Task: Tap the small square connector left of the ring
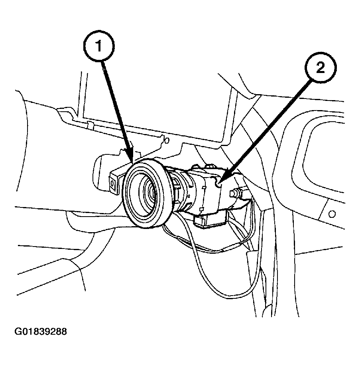point(113,184)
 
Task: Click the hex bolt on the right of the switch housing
point(236,193)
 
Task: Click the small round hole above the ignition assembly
point(167,140)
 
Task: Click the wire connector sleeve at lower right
point(251,257)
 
